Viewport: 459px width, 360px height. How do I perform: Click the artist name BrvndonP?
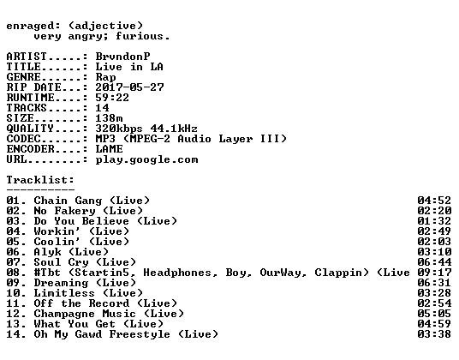122,57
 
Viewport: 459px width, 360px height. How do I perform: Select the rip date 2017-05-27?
129,87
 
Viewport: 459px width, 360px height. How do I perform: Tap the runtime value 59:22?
112,97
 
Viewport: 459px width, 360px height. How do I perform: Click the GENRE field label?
24,77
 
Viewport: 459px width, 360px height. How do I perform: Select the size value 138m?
109,118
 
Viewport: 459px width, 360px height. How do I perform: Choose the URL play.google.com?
146,160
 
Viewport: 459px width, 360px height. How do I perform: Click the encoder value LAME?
109,149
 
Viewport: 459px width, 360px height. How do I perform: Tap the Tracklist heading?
40,179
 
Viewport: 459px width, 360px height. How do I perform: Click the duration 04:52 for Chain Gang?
434,201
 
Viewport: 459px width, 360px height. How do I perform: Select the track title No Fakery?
65,211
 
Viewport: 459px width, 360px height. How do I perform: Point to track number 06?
13,252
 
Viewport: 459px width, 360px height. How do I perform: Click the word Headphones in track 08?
177,273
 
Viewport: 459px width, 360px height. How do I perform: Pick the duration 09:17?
434,273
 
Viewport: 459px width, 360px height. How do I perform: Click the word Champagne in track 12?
64,314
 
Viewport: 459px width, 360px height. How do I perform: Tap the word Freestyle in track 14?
140,334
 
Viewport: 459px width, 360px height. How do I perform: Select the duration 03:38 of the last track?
434,334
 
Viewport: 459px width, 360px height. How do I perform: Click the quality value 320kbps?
119,129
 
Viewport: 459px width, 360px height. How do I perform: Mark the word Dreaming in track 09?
61,283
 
